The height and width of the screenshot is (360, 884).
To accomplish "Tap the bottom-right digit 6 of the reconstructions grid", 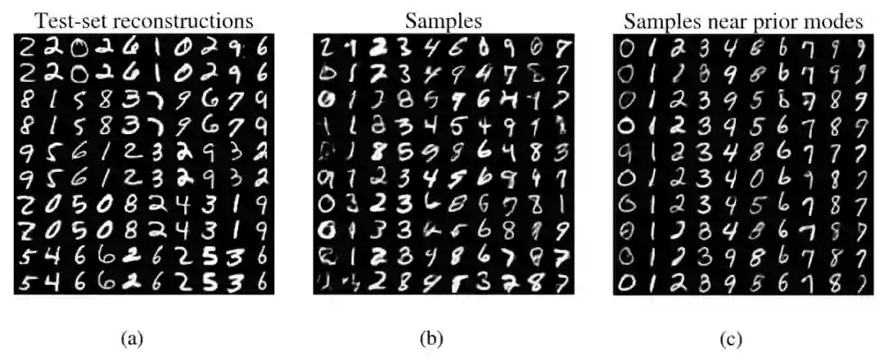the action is [259, 283].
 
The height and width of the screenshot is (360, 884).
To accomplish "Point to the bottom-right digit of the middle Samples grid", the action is [557, 283].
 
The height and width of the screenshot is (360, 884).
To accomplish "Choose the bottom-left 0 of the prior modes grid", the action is [627, 283].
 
